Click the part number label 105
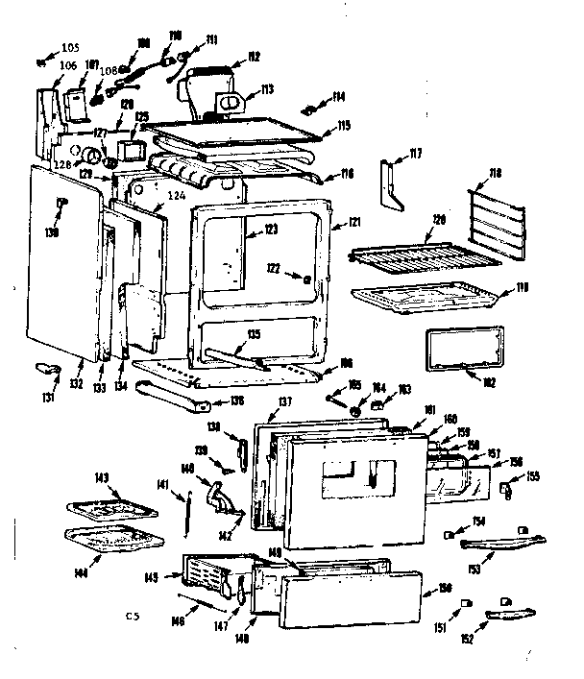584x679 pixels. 70,47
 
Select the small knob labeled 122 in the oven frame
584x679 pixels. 305,279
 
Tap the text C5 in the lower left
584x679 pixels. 133,615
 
